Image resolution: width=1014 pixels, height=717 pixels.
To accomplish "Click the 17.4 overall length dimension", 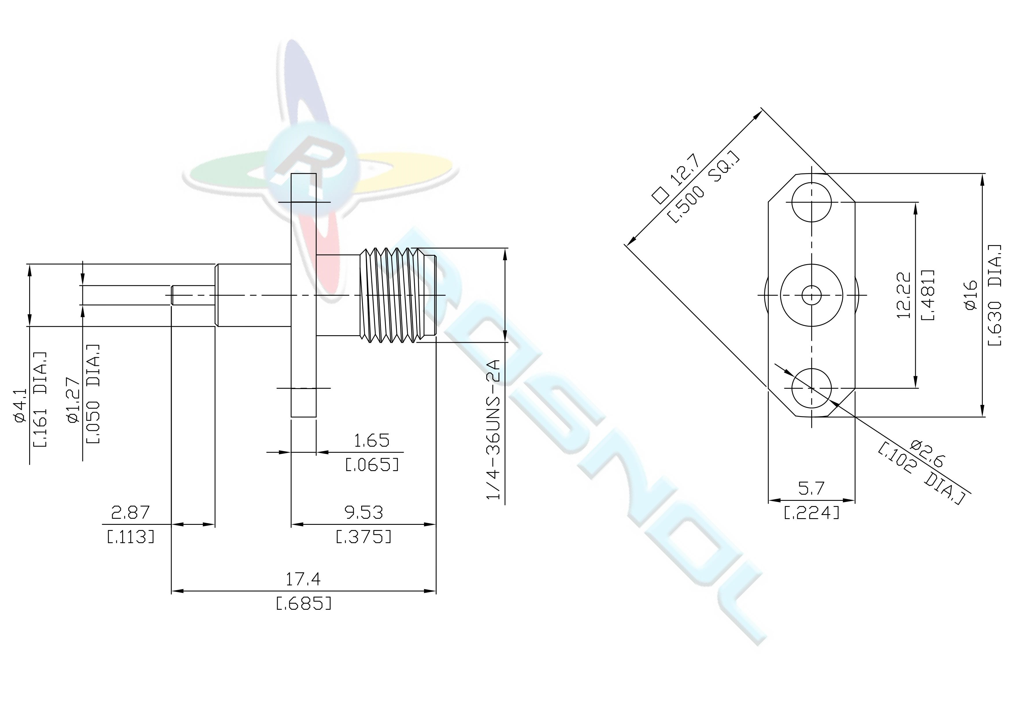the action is (303, 579).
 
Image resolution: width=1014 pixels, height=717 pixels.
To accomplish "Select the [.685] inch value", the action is (303, 603).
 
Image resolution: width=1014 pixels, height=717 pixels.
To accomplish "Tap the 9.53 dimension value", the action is (364, 512).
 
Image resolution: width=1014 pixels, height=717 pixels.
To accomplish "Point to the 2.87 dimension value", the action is (131, 512).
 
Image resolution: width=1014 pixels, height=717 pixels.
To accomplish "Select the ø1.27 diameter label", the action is (74, 401).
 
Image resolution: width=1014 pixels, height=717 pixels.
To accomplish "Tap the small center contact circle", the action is (811, 295).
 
